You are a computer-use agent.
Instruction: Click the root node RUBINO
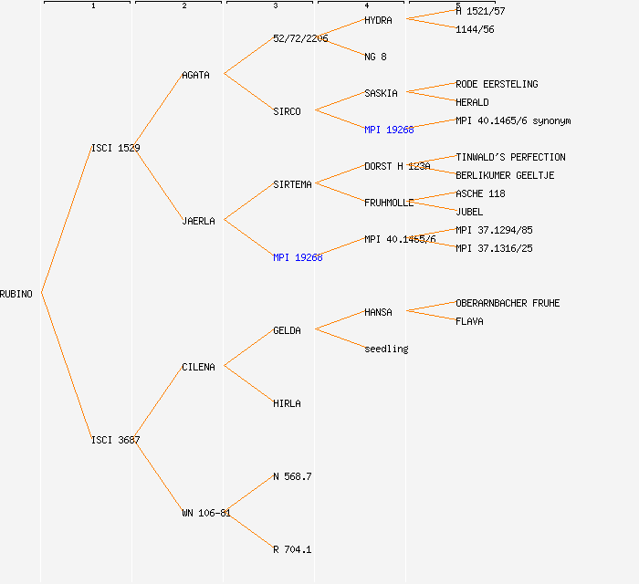pos(16,294)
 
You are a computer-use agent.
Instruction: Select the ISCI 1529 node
pos(115,148)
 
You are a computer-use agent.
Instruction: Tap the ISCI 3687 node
pos(115,440)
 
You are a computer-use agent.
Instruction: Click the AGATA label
pos(195,75)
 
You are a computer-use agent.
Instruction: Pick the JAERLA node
pos(198,221)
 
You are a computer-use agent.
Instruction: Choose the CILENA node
pos(198,367)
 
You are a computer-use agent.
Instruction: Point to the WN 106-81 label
pos(205,513)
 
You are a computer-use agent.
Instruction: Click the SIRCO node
pos(287,111)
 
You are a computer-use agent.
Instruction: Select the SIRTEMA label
pos(292,184)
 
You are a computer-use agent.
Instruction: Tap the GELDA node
pos(287,330)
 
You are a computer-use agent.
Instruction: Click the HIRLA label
pos(287,403)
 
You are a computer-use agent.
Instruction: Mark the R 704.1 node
pos(292,549)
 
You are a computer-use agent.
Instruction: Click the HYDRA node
pos(378,20)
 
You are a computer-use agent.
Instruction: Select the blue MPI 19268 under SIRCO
pos(389,130)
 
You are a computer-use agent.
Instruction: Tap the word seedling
pos(386,349)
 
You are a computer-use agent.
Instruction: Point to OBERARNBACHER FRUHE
pos(508,303)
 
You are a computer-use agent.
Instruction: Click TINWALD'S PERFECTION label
pos(510,157)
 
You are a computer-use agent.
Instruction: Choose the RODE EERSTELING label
pos(497,84)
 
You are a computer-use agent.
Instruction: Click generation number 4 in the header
pos(366,6)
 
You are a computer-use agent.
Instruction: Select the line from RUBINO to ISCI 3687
pos(66,367)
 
